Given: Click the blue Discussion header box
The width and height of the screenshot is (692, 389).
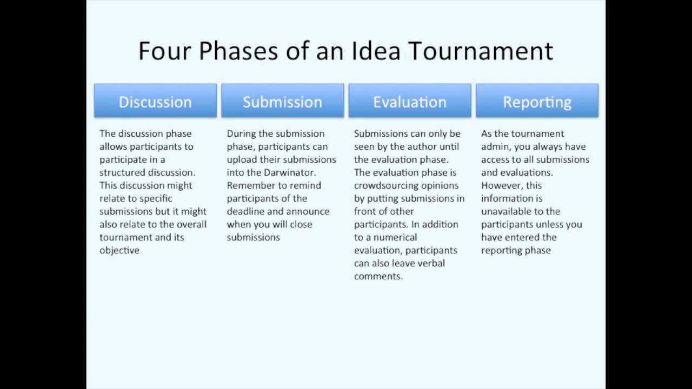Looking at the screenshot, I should (155, 101).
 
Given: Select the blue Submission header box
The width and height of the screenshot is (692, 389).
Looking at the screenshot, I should (282, 101).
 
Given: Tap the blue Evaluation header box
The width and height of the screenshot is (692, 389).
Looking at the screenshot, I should (410, 101).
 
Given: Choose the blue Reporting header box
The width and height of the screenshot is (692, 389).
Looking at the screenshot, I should (537, 101).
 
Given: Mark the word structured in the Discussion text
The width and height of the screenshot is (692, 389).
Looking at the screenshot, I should (122, 172).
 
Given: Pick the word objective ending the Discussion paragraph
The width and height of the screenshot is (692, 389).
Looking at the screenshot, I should (119, 250).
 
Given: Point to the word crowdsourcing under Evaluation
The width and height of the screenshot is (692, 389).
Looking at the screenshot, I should (386, 185).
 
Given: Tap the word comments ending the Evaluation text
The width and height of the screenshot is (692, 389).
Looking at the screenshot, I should (378, 276).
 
